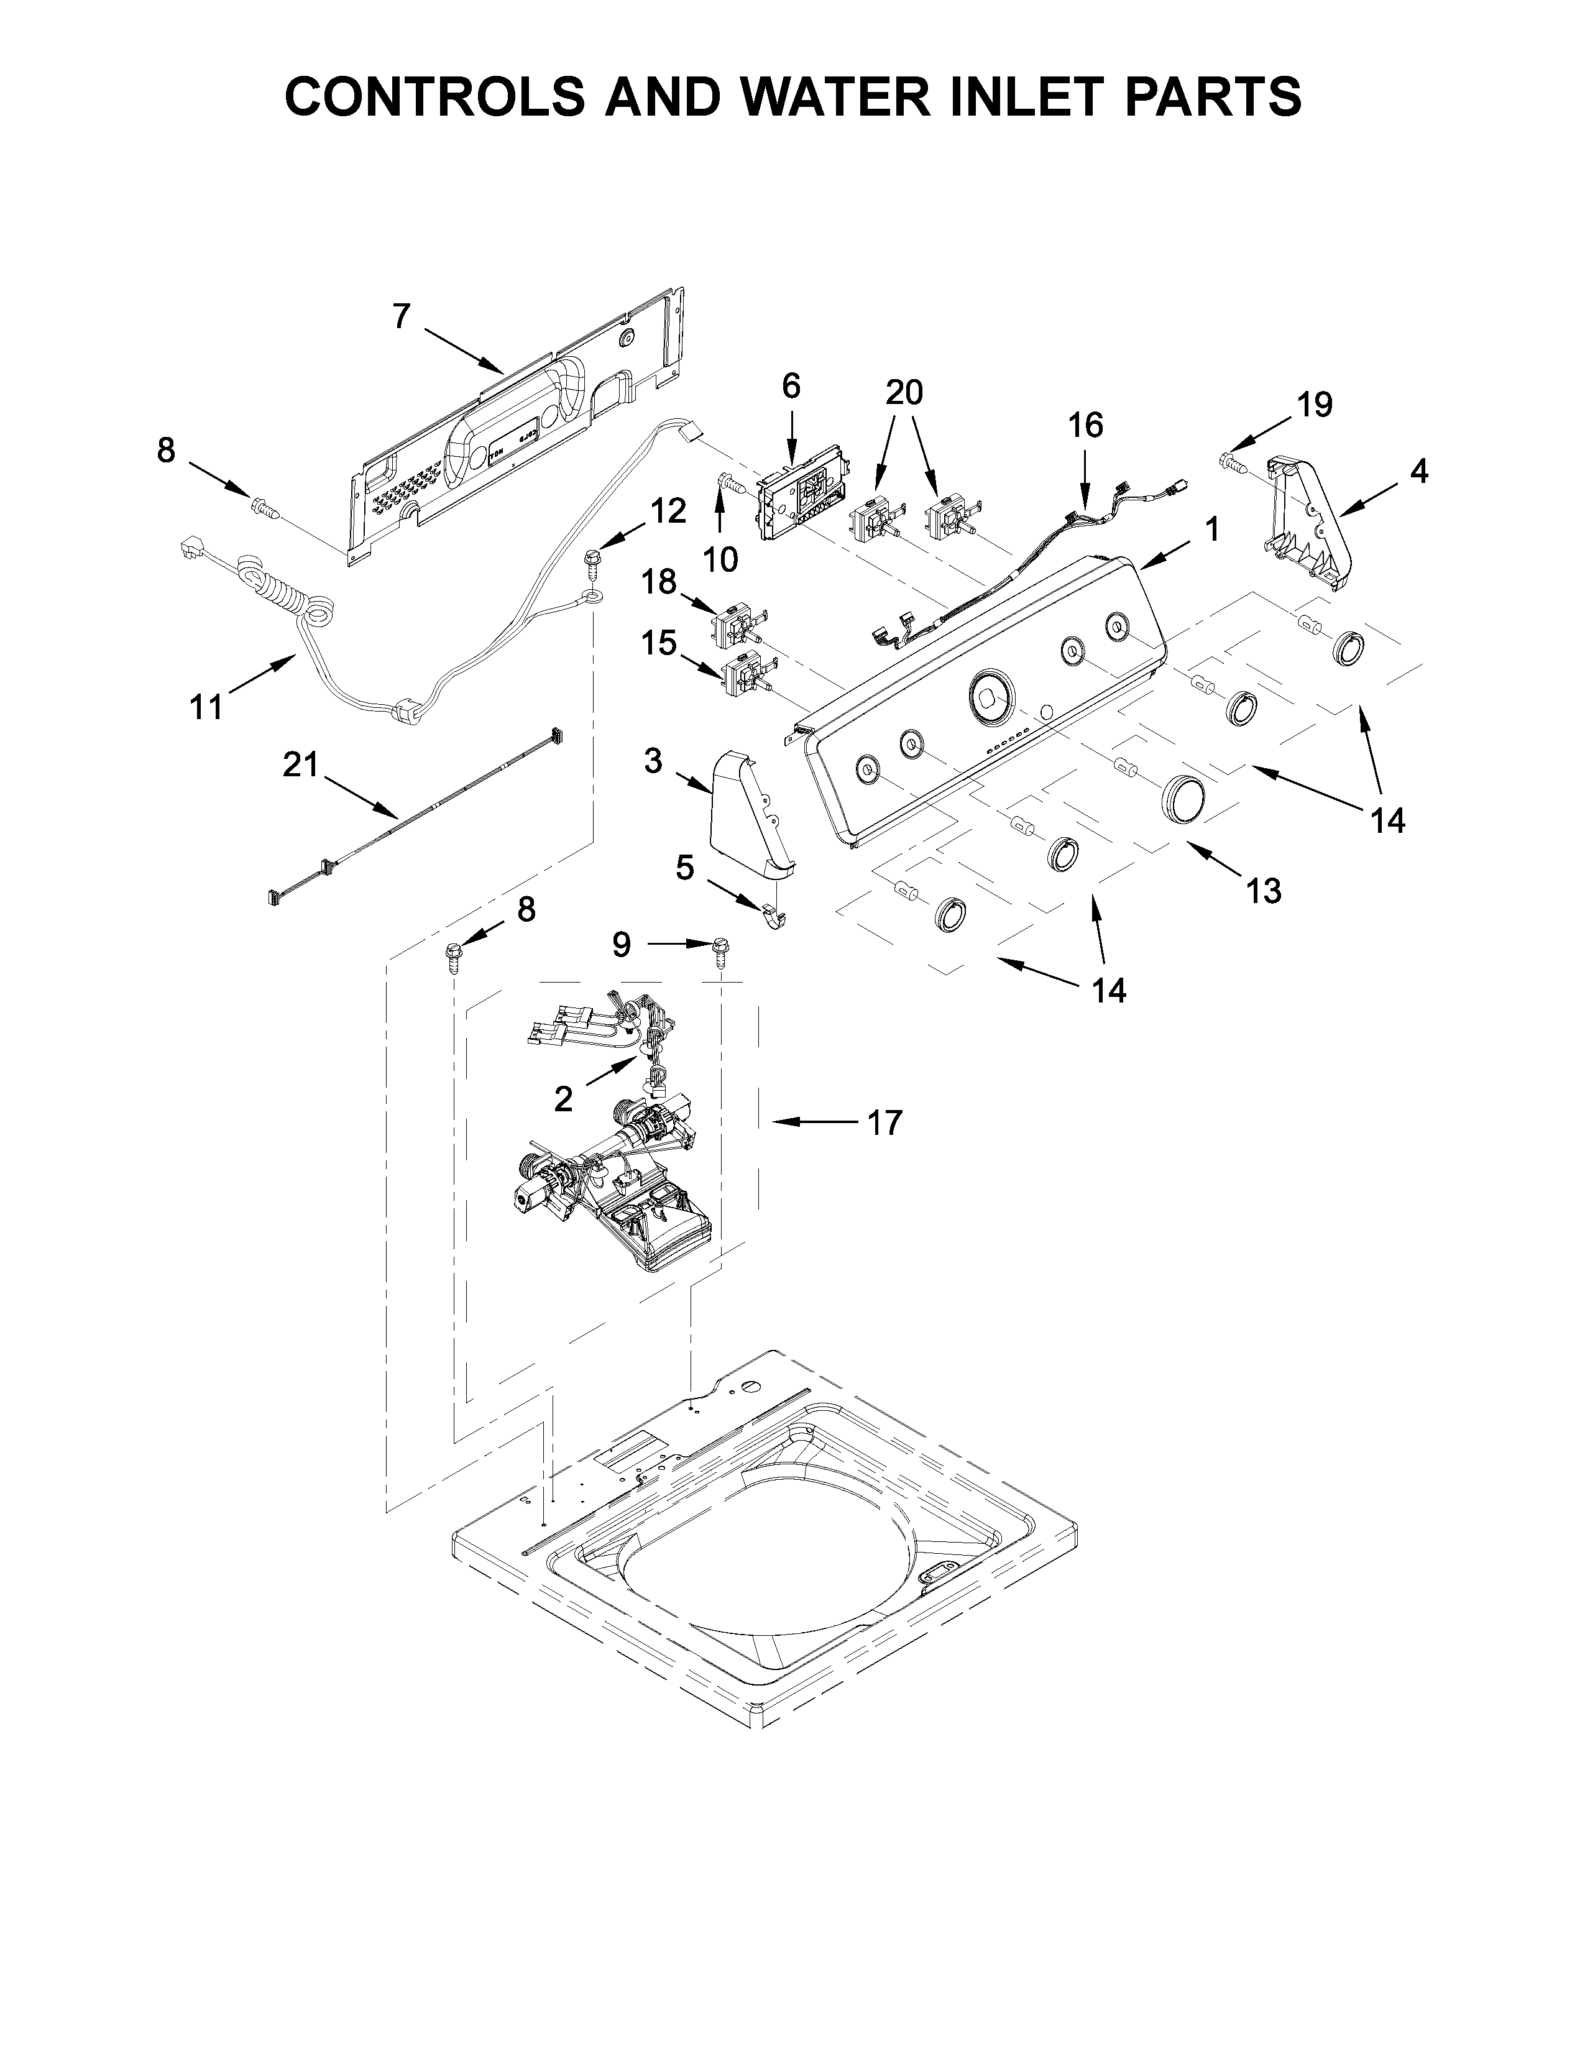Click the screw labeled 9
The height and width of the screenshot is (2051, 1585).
pyautogui.click(x=721, y=954)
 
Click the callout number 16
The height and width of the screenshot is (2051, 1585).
pyautogui.click(x=1085, y=425)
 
